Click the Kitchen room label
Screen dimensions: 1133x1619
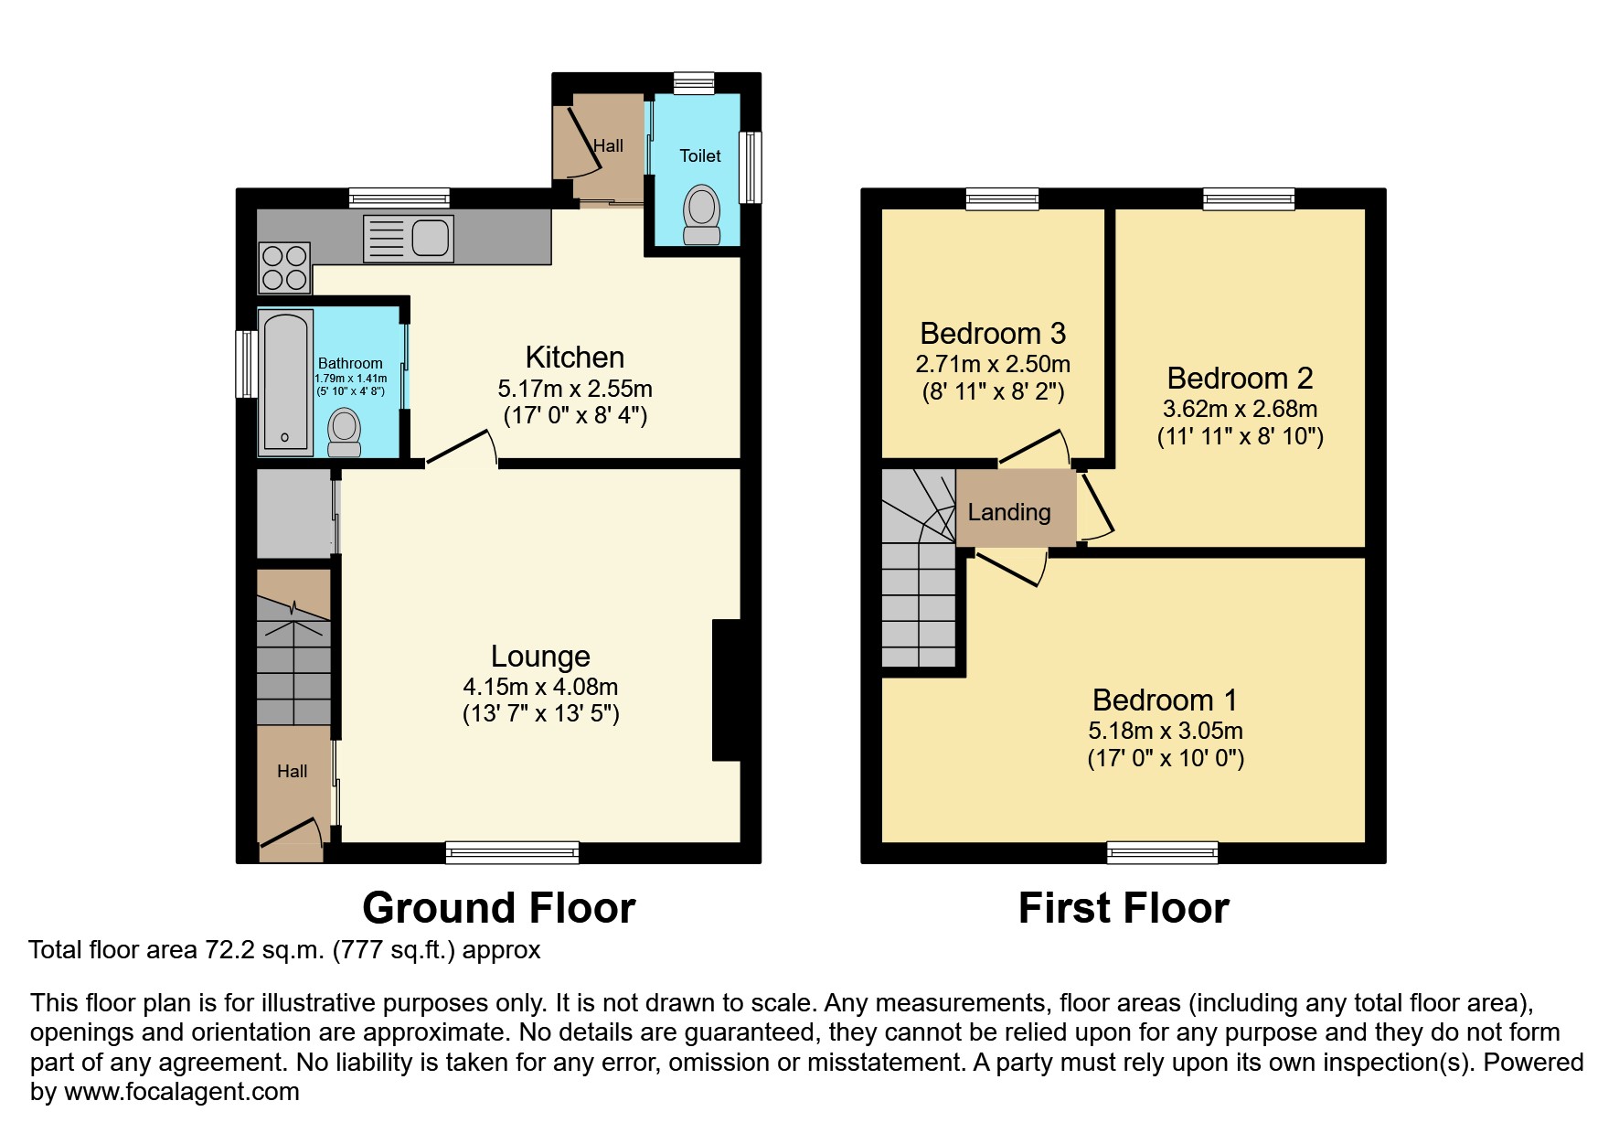[574, 358]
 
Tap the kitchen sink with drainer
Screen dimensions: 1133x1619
[408, 238]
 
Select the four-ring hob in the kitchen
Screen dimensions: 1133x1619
[284, 267]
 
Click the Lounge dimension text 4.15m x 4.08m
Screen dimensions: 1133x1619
[540, 687]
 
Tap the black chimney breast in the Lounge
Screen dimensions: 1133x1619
[726, 690]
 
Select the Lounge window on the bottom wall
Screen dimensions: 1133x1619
[512, 852]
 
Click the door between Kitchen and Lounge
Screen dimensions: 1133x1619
[462, 449]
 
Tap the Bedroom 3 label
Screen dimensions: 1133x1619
[993, 334]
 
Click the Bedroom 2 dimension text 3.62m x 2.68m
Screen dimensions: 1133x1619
[1240, 409]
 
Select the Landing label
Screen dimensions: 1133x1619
[1009, 513]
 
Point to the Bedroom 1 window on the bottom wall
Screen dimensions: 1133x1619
[1162, 852]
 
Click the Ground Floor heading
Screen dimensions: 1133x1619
[498, 908]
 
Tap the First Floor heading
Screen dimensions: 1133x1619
[1124, 908]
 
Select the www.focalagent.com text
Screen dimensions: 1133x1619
[181, 1092]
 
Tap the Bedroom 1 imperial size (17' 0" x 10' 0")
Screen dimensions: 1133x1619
[1166, 759]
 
